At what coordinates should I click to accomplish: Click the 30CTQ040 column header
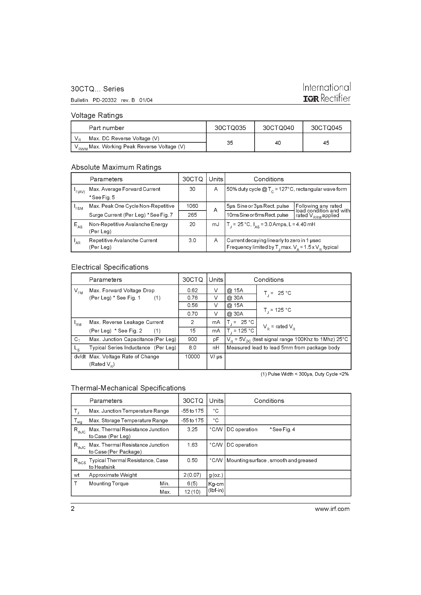pyautogui.click(x=278, y=128)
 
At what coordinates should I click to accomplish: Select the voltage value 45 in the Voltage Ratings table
pyautogui.click(x=326, y=143)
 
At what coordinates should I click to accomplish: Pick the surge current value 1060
pyautogui.click(x=192, y=206)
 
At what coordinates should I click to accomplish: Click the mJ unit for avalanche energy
pyautogui.click(x=215, y=224)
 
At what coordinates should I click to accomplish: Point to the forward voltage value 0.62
pyautogui.click(x=192, y=290)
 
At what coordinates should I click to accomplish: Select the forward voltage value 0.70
pyautogui.click(x=192, y=314)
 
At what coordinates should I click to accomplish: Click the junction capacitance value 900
pyautogui.click(x=192, y=339)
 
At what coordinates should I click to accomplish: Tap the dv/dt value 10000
pyautogui.click(x=192, y=357)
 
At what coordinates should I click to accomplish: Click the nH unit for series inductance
pyautogui.click(x=215, y=348)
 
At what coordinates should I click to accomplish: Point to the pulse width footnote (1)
pyautogui.click(x=304, y=374)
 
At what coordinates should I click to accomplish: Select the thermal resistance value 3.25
pyautogui.click(x=192, y=429)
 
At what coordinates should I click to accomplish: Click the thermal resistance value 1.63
pyautogui.click(x=192, y=445)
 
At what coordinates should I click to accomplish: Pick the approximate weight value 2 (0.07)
pyautogui.click(x=192, y=475)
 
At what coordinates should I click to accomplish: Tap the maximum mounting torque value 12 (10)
pyautogui.click(x=192, y=492)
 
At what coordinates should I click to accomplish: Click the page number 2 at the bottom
pyautogui.click(x=73, y=509)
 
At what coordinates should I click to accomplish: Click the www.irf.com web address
pyautogui.click(x=332, y=509)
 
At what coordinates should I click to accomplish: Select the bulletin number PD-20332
pyautogui.click(x=105, y=100)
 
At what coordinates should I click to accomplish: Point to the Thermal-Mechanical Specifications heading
pyautogui.click(x=128, y=388)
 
